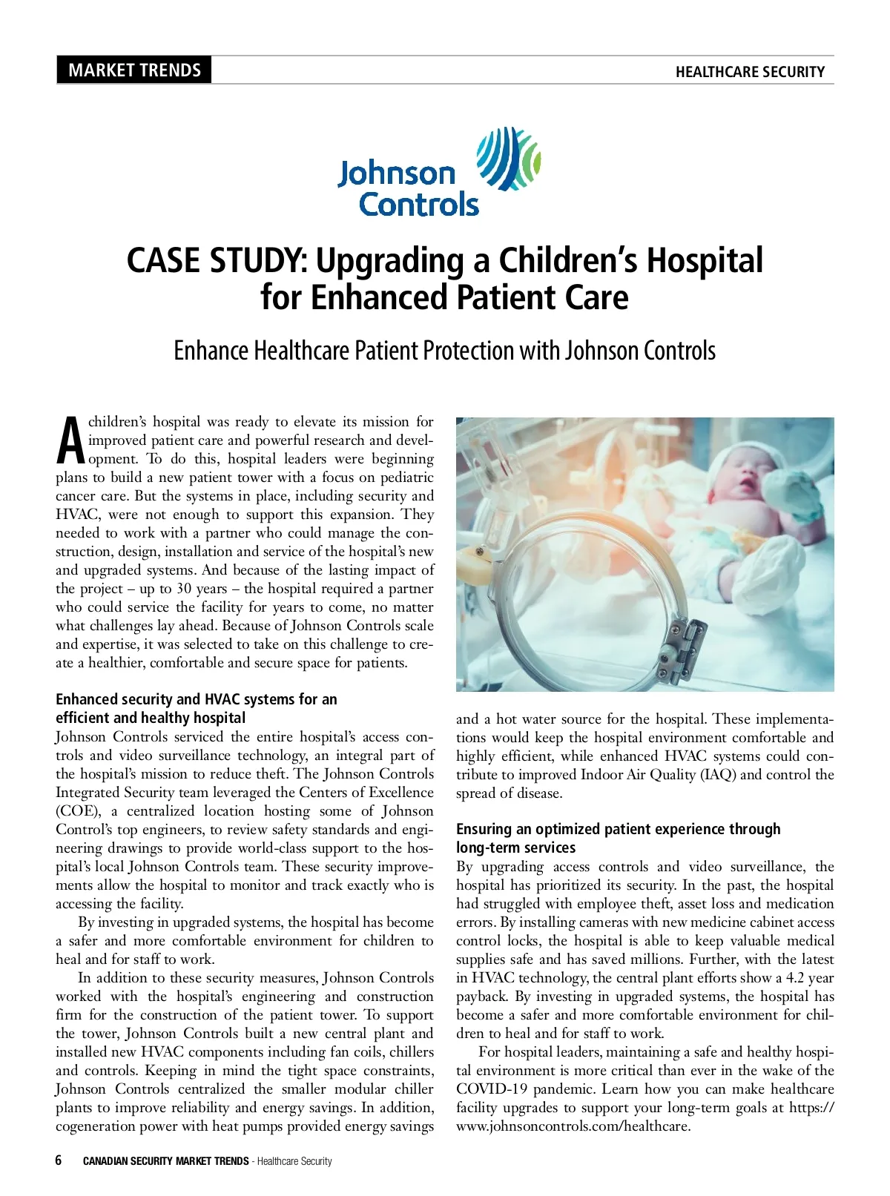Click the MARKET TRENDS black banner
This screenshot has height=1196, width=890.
pos(134,70)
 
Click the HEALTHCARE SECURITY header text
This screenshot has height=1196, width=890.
pos(750,72)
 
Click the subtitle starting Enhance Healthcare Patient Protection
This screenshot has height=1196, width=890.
pos(444,351)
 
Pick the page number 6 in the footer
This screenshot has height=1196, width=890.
pos(59,1160)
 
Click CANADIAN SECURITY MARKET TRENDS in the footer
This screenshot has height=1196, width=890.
pos(165,1161)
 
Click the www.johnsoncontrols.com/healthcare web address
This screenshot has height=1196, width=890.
pos(573,1126)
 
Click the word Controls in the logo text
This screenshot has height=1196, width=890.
pos(419,204)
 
